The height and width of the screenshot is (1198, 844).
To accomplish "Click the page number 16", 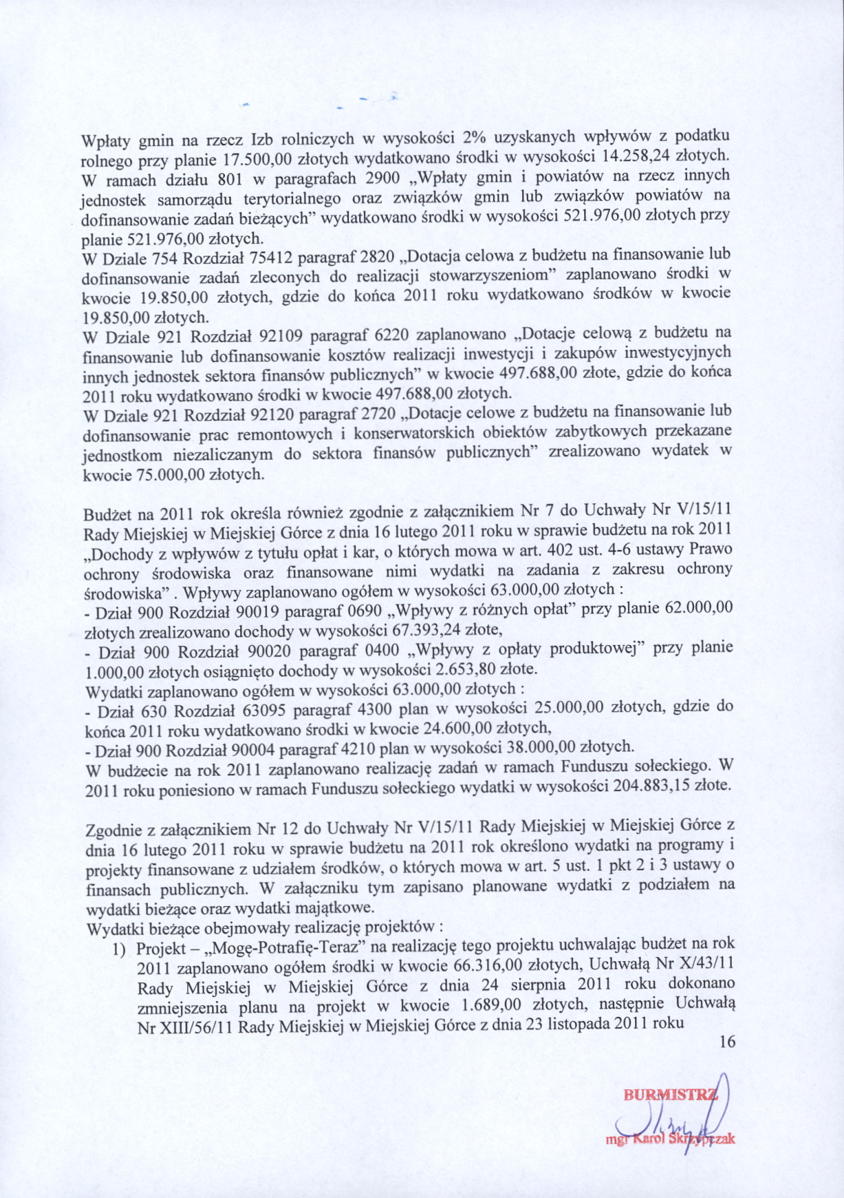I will click(x=727, y=1041).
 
